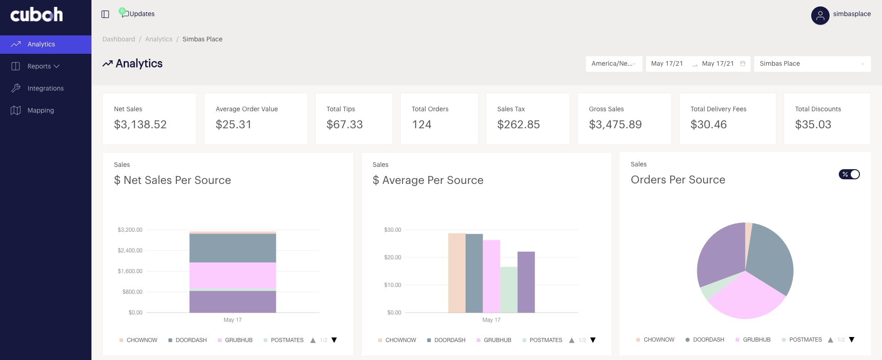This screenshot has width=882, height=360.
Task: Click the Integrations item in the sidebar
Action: click(46, 88)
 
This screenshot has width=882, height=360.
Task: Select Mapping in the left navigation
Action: click(40, 110)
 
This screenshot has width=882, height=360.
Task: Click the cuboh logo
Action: click(37, 15)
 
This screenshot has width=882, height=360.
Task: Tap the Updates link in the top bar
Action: click(142, 14)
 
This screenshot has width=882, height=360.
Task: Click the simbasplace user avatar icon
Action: click(820, 16)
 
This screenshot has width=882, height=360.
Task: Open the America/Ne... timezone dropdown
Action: click(614, 64)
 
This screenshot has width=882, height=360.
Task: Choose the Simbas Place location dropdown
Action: click(812, 64)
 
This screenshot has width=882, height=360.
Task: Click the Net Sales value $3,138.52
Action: click(140, 125)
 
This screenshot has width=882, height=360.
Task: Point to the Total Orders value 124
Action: click(421, 125)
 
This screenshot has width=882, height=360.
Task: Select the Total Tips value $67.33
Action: click(345, 125)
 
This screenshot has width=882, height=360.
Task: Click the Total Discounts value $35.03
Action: click(813, 125)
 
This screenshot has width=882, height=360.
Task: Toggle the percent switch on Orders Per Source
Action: click(849, 174)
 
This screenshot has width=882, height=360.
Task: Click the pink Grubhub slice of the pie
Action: click(746, 297)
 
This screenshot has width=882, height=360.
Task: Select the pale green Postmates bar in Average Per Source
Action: click(509, 290)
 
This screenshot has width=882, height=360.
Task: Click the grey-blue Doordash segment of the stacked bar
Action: click(233, 248)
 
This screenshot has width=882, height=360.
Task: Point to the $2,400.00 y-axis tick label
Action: click(130, 251)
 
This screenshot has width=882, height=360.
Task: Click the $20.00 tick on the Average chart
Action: click(393, 257)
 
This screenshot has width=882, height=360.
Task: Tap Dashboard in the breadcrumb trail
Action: click(119, 39)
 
